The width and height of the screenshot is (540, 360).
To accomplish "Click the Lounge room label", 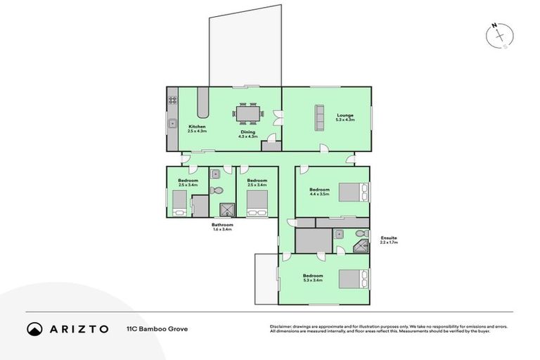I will tap(345, 115).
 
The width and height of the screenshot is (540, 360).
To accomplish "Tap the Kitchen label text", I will tap(196, 127).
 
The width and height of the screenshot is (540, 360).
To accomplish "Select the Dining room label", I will tap(248, 131).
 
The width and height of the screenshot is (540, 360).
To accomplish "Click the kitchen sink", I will tap(172, 124).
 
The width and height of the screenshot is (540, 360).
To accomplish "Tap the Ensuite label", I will tap(389, 238).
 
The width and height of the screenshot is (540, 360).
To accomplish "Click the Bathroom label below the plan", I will tap(222, 225).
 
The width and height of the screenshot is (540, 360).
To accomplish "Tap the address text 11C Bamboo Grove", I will tap(157, 328).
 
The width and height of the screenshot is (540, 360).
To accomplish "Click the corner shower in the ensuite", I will tap(361, 246).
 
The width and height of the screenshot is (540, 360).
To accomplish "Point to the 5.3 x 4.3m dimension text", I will tap(345, 120).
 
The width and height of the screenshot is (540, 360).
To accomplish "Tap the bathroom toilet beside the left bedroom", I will tap(217, 190).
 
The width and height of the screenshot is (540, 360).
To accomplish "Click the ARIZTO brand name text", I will tap(78, 328).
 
